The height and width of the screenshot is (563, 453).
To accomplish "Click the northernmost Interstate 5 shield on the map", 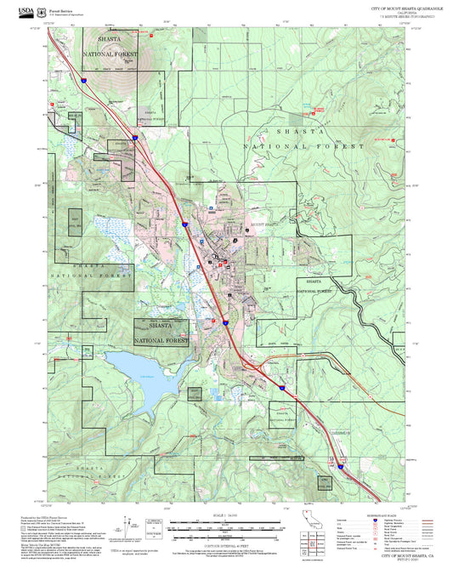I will coord(85,79).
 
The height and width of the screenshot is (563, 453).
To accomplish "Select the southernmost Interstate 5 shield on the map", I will coord(338,466).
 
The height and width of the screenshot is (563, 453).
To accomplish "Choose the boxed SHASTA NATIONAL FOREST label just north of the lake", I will coord(161,332).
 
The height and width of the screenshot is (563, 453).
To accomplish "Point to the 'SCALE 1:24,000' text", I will coord(225,515).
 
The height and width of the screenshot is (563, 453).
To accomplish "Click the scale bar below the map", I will coord(225,526).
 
